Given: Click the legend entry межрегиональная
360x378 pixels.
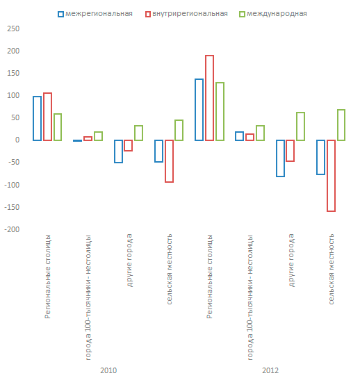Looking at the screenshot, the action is coord(95,14).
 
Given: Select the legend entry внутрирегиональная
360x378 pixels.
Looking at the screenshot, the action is coord(186,14).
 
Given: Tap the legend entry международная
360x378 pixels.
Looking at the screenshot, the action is coord(273,14).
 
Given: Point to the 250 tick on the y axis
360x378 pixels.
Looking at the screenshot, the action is coord(13,28).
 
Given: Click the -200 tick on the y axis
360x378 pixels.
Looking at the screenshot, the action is coord(12,229).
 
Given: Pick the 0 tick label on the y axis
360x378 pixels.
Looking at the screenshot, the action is coord(17,140).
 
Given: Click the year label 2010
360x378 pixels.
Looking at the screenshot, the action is coord(108,370).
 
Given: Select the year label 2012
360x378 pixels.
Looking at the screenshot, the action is coord(270,370).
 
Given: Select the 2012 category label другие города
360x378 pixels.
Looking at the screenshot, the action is coord(291,261).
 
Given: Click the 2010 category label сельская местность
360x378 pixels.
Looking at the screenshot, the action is coord(169,269).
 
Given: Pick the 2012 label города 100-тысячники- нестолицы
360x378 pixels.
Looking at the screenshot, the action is coord(250,297).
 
